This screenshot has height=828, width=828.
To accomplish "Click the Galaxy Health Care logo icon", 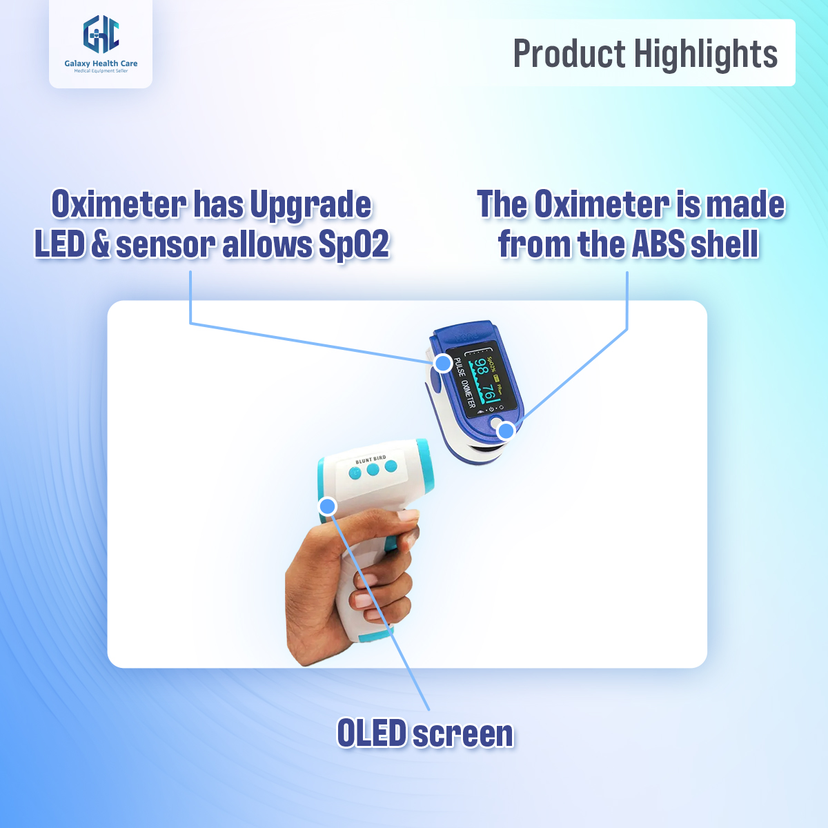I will click(101, 35).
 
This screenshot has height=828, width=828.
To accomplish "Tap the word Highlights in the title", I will click(706, 54).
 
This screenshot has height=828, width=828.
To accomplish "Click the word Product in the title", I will click(569, 54).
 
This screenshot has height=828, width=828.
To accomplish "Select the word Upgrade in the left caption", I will click(310, 206).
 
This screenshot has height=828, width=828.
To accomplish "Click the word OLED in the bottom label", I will click(372, 733).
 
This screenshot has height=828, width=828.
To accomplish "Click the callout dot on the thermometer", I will click(328, 506).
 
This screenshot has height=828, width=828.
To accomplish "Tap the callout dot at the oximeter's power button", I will click(506, 431).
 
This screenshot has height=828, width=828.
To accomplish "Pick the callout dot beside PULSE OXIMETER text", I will click(442, 362).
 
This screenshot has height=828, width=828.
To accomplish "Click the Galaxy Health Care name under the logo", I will click(101, 63).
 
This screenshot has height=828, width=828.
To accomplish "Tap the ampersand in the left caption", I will click(101, 245).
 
